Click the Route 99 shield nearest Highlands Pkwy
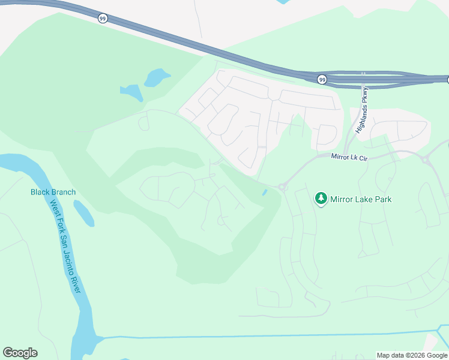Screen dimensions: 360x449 pyautogui.click(x=322, y=79)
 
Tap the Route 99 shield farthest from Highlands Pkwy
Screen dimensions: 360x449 pyautogui.click(x=102, y=19)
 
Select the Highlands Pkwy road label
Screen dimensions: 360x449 pyautogui.click(x=362, y=109)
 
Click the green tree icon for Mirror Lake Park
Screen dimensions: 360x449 pyautogui.click(x=321, y=199)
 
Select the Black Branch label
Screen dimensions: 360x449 pyautogui.click(x=53, y=192)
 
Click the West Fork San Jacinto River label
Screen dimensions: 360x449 pyautogui.click(x=65, y=245)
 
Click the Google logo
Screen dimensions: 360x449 pyautogui.click(x=20, y=353)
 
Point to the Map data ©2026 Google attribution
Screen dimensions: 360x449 pyautogui.click(x=412, y=355)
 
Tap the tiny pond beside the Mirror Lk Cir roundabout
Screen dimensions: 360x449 pyautogui.click(x=265, y=192)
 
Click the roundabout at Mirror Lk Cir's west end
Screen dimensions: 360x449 pyautogui.click(x=282, y=187)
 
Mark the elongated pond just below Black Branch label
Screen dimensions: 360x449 pyautogui.click(x=84, y=214)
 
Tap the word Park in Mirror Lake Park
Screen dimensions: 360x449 pyautogui.click(x=382, y=199)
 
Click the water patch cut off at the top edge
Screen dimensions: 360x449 pyautogui.click(x=284, y=2)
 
